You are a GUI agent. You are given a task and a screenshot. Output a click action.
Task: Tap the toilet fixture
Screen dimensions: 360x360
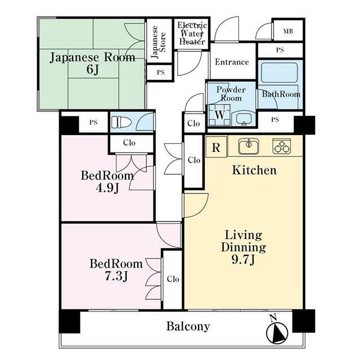point(121,122)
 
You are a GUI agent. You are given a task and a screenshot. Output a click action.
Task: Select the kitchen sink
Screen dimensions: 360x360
point(249,146)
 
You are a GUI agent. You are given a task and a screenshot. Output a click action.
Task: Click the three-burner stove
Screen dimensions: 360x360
point(281,146)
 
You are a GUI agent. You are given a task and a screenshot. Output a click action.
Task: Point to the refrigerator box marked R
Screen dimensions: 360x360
point(216,147)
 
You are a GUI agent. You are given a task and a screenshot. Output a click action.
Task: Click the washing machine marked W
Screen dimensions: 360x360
point(219,115)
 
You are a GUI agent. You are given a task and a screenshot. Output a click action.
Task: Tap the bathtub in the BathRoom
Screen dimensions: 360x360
point(280,73)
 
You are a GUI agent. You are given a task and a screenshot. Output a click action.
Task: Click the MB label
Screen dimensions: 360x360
point(288,31)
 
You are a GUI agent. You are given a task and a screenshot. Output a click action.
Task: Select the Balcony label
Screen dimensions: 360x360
point(188,326)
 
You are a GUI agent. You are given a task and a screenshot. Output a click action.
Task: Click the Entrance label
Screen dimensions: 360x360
point(232,62)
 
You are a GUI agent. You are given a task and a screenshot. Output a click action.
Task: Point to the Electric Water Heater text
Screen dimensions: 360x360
point(192,33)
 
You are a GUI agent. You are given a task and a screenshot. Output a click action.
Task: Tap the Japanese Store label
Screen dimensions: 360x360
point(159,42)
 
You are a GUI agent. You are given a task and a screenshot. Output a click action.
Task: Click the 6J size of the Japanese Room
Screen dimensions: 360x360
point(93,70)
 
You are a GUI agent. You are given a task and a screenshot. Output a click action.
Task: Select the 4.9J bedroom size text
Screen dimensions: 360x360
point(107,188)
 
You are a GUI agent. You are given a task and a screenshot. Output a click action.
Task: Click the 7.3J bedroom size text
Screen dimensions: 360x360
point(116,276)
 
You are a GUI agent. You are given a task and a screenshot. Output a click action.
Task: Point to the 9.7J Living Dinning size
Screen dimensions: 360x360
point(243,260)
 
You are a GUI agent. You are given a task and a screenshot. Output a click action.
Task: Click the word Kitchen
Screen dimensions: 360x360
point(254,170)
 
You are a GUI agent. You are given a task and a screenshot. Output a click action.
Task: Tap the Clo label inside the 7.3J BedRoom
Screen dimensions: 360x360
point(173,279)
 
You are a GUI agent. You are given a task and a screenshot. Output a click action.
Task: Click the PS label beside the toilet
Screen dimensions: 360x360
point(93,123)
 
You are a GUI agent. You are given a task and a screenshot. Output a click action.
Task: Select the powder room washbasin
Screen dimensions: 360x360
point(244,119)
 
